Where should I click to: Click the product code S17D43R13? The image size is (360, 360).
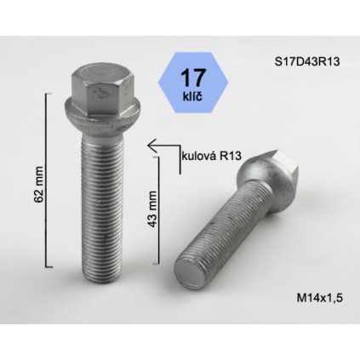click(x=307, y=61)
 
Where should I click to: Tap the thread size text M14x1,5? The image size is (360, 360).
click(x=319, y=298)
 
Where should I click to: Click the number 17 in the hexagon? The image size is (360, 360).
click(x=193, y=77)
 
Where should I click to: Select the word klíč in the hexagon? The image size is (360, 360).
click(x=192, y=97)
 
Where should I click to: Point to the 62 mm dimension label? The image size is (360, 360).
click(x=38, y=185)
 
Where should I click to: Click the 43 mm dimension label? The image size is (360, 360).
click(x=152, y=209)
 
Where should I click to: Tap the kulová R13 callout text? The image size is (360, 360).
click(x=211, y=156)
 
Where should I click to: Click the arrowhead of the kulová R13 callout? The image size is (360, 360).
click(x=151, y=146)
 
